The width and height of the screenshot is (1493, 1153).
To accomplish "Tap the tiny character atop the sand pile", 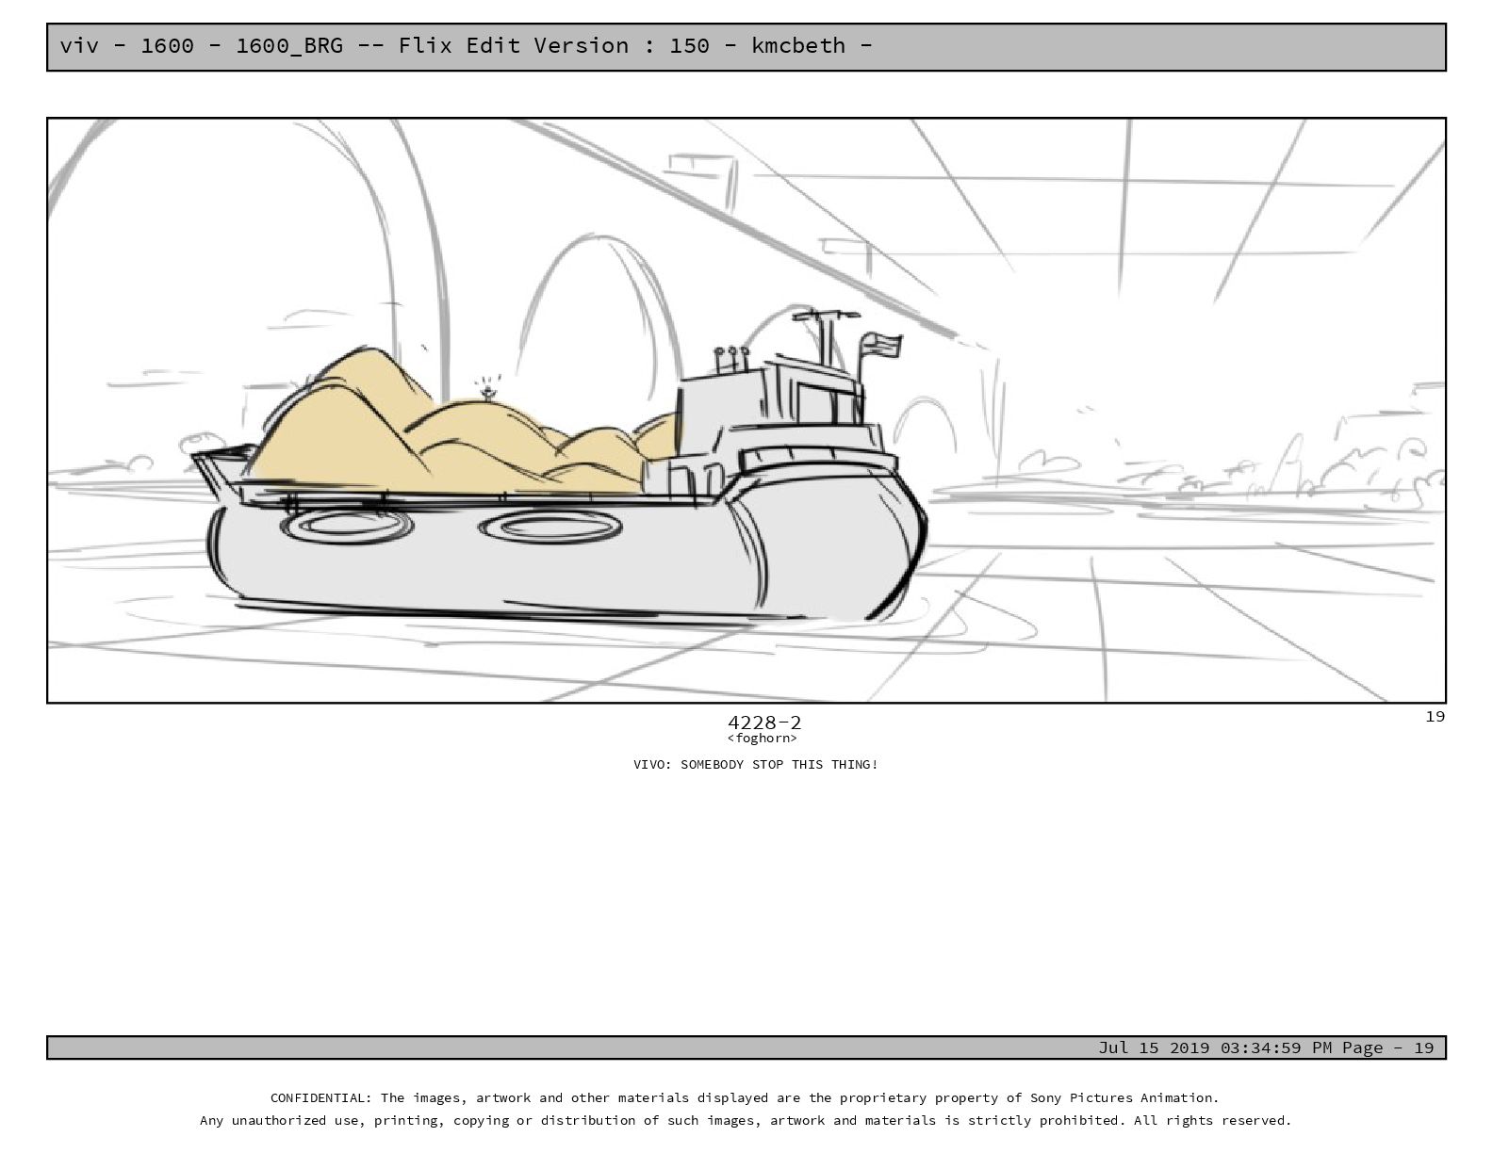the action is coord(487,392).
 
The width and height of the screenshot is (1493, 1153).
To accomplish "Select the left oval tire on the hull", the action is coord(346,526).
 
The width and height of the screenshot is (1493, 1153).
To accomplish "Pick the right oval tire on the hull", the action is coord(550,528).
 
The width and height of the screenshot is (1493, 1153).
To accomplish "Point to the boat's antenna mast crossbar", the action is coord(825,316).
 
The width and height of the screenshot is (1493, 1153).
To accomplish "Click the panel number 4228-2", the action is coord(764,723).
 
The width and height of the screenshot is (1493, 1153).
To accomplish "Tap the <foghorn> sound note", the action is coord(762,739).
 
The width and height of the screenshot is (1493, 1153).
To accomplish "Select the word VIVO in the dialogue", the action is coord(648,764).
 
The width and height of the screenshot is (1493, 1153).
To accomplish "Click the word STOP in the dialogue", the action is coord(767,764).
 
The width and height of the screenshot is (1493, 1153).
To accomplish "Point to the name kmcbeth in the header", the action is coord(797,45).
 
